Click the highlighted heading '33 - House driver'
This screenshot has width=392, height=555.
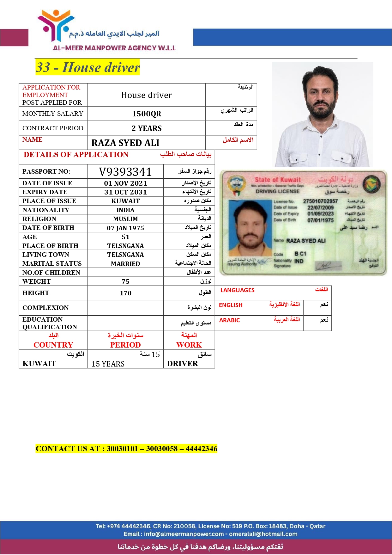click(87, 67)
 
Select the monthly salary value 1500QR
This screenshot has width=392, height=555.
click(147, 114)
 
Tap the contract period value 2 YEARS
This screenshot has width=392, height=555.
click(147, 128)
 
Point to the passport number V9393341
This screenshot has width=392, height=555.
click(125, 172)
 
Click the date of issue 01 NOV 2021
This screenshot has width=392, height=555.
click(125, 183)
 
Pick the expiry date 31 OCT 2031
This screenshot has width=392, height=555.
click(125, 192)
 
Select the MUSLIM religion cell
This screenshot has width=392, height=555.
click(125, 219)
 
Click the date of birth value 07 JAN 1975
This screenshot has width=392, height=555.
click(125, 228)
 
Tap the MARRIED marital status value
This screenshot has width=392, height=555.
click(125, 264)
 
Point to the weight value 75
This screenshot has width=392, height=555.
click(125, 281)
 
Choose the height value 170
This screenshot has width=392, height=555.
click(125, 293)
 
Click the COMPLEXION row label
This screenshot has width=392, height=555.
click(45, 308)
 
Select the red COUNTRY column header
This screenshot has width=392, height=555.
click(53, 345)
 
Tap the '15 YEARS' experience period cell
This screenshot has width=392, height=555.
click(108, 364)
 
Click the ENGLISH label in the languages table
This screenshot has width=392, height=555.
click(231, 305)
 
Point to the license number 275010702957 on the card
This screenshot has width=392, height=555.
click(320, 201)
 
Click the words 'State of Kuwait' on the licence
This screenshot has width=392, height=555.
click(278, 180)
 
